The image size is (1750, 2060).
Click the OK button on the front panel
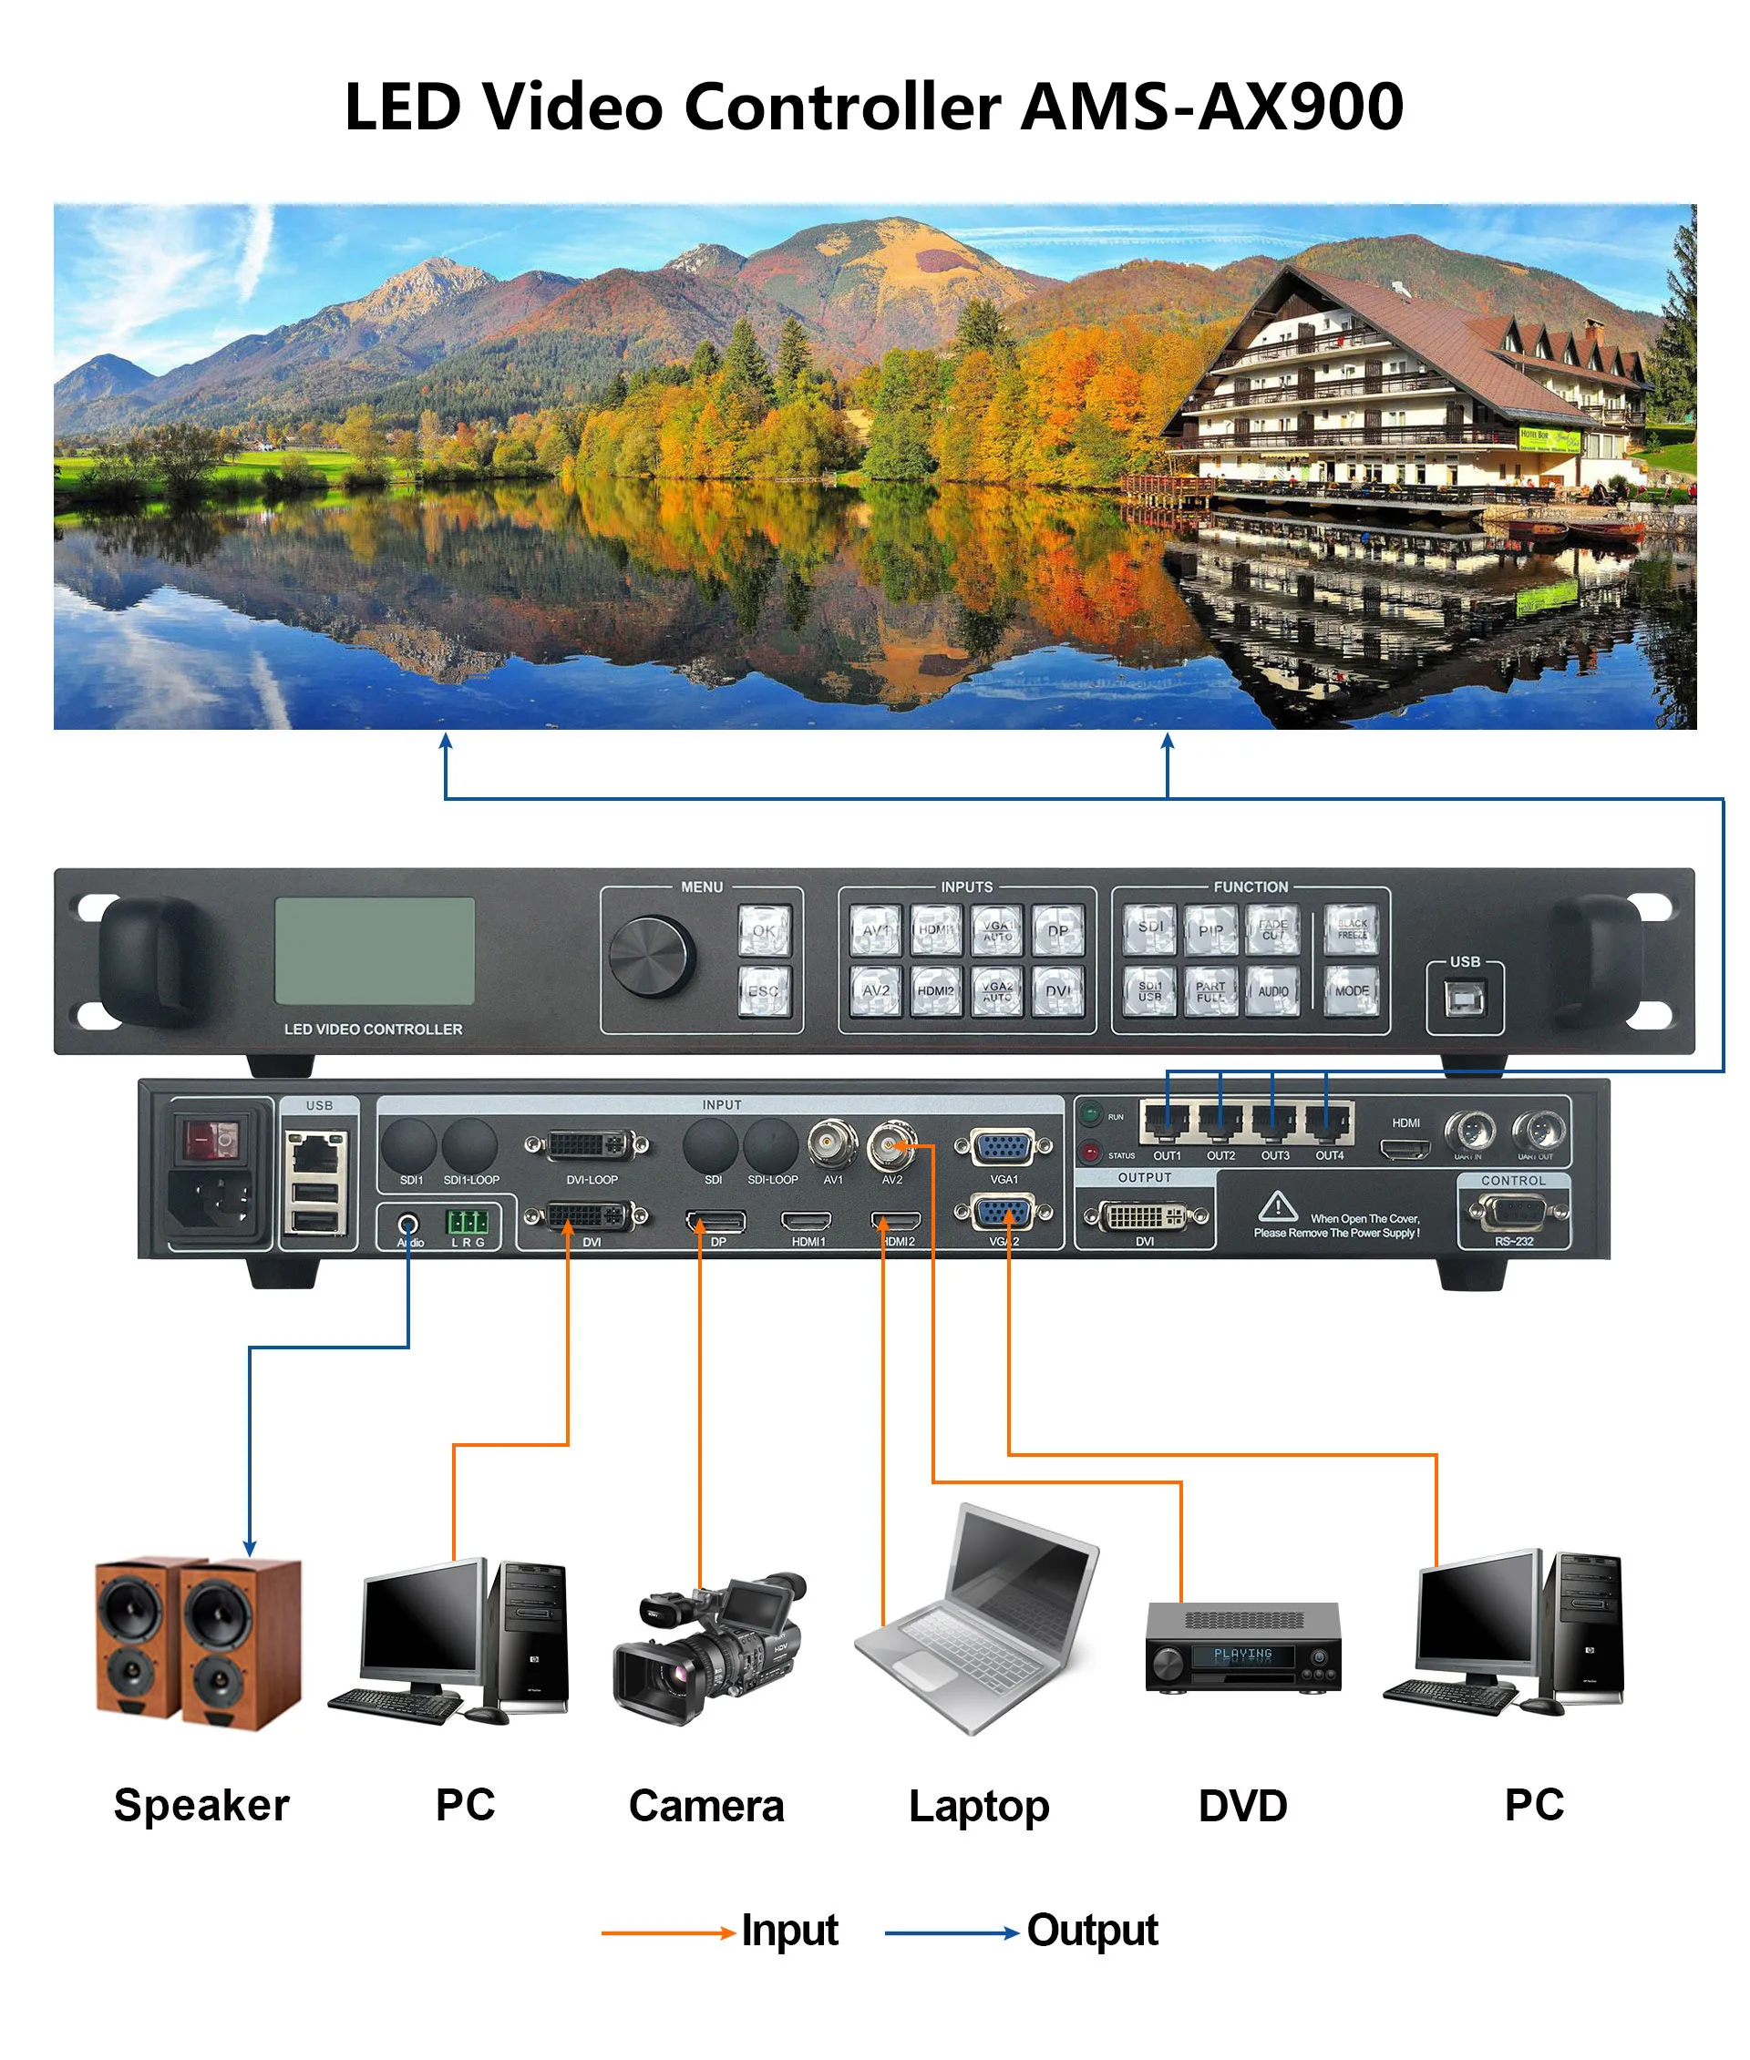(x=764, y=930)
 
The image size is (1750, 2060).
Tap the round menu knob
(x=652, y=956)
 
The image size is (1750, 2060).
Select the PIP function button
(x=1210, y=930)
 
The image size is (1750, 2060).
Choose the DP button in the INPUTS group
(x=1057, y=930)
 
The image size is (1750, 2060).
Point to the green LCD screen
(x=374, y=950)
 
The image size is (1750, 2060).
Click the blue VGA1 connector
(x=1003, y=1147)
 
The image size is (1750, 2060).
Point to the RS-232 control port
(x=1513, y=1212)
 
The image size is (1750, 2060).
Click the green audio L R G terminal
(x=468, y=1221)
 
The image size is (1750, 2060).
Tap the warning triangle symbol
(x=1278, y=1206)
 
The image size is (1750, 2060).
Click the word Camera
(x=706, y=1806)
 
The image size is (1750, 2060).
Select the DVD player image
(x=1243, y=1646)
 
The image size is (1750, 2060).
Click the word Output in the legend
(x=1092, y=1930)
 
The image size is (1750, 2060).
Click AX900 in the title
(x=1301, y=106)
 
